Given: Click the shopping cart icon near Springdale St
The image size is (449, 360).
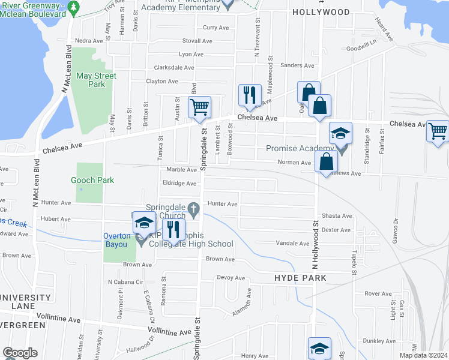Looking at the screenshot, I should (199, 108).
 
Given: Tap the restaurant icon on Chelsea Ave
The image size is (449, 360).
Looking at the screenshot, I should (250, 95).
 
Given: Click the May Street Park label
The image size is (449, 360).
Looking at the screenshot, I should (96, 80).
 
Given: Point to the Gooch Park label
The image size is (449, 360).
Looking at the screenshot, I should (92, 180).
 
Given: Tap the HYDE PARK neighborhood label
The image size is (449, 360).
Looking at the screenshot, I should (300, 278).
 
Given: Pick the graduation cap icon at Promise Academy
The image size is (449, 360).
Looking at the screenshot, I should (340, 134).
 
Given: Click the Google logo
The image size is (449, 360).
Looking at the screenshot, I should (20, 353).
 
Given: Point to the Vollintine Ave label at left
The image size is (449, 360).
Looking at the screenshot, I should (58, 320).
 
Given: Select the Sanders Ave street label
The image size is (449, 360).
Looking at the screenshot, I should (297, 65).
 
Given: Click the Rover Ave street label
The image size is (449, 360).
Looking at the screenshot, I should (378, 293).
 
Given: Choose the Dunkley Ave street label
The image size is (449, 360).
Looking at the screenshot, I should (379, 341).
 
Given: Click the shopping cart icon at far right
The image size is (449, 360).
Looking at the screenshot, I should (438, 130).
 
